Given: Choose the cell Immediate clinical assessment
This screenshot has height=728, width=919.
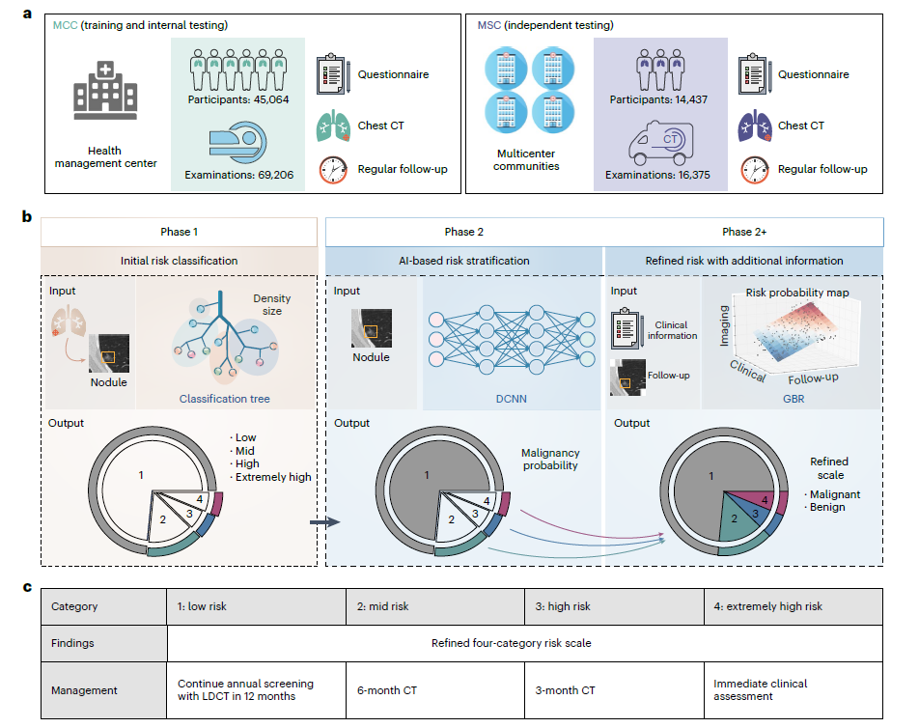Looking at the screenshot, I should [761, 690].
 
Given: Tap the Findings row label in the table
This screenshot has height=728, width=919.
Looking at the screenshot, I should [73, 642].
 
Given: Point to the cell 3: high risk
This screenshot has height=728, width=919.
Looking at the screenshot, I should [571, 607].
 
